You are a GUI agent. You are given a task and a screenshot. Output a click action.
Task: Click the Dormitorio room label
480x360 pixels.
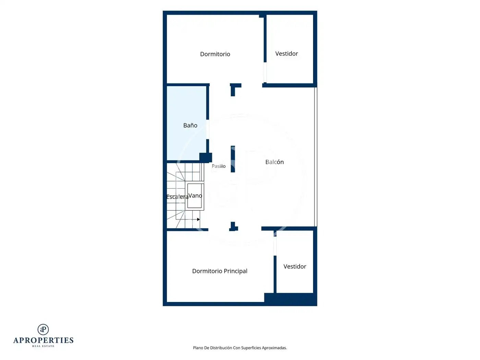point(215,54)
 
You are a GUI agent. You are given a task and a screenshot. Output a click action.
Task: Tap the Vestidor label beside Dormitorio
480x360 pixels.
point(287,53)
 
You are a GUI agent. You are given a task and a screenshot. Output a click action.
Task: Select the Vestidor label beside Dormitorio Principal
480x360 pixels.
point(295,266)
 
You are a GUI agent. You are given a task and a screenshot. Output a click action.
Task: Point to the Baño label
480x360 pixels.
point(190,125)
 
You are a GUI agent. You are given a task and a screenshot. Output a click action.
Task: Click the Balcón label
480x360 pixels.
point(274,162)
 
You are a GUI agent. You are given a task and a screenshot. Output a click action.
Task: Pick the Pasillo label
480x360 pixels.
point(219,166)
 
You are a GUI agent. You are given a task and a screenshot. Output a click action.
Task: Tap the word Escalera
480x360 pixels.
point(177,197)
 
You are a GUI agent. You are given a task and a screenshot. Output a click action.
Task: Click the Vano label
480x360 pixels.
point(195,196)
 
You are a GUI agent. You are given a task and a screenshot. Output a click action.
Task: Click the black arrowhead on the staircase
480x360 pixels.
point(198,219)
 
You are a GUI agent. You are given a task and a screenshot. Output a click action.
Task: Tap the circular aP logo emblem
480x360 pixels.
point(43,329)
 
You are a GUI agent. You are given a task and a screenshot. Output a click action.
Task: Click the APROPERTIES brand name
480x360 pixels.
point(43,340)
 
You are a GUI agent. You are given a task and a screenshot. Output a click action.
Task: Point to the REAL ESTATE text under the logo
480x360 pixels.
point(43,346)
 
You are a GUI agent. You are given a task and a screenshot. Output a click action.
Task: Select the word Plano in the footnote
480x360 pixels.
point(198,348)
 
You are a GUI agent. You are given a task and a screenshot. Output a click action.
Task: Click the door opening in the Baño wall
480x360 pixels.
point(207,129)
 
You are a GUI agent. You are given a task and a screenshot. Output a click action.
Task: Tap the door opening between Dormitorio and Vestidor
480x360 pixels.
point(265,72)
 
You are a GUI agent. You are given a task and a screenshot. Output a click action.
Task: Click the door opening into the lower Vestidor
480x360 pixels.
point(275,246)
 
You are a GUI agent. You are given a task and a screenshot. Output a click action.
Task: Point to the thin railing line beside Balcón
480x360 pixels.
point(315,157)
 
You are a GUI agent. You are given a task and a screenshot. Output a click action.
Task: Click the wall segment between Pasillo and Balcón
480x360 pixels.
point(233,159)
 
